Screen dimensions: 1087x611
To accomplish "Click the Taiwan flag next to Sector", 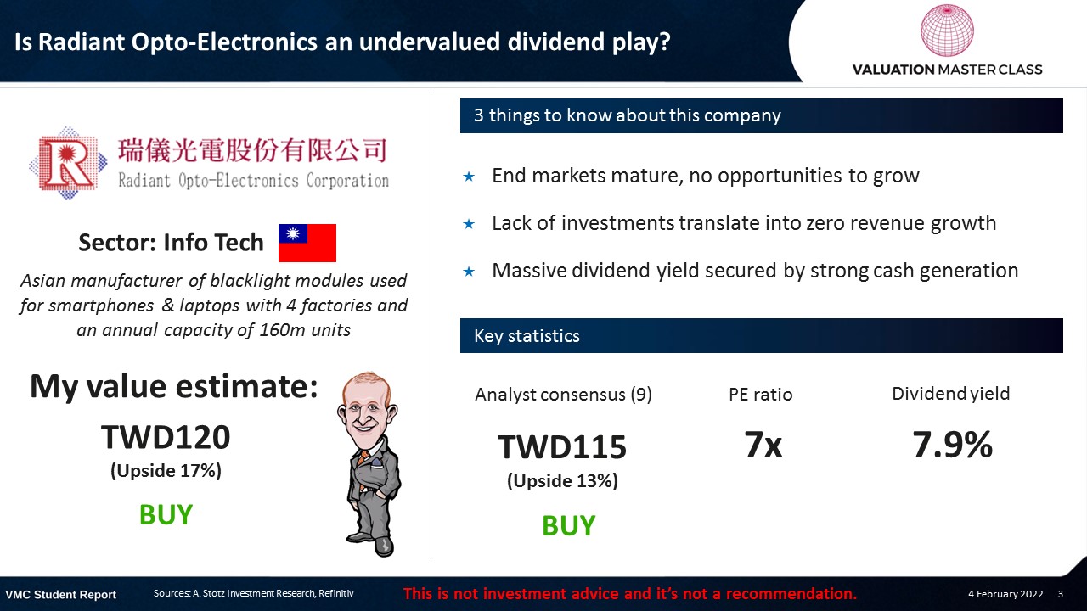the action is [307, 243].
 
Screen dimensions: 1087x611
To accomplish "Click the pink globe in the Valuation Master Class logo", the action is [947, 30].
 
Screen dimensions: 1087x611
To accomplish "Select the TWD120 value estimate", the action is [166, 437].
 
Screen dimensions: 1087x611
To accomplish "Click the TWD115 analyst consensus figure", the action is [562, 446].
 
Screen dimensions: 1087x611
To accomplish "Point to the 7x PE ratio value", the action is [763, 445].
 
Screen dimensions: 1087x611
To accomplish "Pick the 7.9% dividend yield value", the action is [952, 445].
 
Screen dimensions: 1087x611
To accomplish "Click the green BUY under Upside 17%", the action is [166, 514].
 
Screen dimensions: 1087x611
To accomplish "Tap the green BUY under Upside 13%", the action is [568, 525].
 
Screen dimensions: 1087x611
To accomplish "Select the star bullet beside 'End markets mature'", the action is [469, 177].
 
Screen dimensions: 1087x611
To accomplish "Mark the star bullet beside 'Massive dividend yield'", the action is [469, 272].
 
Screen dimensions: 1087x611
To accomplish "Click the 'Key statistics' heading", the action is [527, 335].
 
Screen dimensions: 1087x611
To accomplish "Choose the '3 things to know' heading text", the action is [628, 115].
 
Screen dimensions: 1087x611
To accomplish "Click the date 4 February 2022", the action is [1005, 594].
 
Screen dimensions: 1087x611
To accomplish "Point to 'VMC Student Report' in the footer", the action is [60, 595].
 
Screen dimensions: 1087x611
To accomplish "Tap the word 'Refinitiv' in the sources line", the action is [336, 593].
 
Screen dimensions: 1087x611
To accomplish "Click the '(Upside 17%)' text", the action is [166, 471].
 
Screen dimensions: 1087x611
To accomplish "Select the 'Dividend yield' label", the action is [950, 394].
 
